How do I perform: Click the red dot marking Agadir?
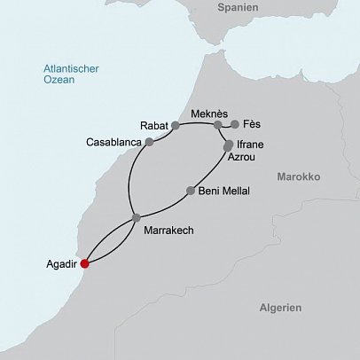point(84,263)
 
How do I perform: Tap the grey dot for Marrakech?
point(136,217)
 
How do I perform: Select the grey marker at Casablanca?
point(150,142)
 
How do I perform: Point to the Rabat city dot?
point(176,126)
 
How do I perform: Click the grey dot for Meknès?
point(217,125)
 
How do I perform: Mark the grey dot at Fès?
point(235,125)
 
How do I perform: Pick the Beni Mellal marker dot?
point(191,190)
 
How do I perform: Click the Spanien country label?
point(239,7)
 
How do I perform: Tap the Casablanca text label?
point(113,142)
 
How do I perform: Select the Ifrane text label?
point(251,142)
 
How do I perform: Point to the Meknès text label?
point(209,113)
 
